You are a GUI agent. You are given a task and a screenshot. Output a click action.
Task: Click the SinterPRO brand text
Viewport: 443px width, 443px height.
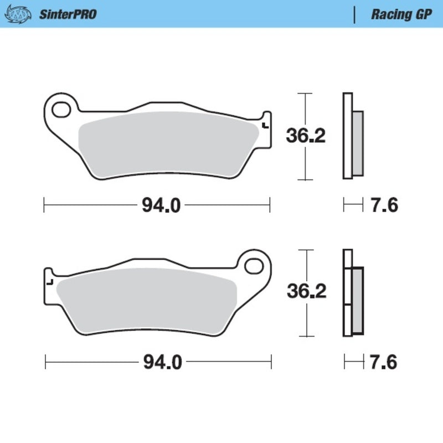(x=68, y=14)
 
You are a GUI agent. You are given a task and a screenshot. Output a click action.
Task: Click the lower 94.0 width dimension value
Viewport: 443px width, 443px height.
(x=161, y=363)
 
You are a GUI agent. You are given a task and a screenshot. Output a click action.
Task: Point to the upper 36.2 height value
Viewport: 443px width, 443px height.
(x=305, y=136)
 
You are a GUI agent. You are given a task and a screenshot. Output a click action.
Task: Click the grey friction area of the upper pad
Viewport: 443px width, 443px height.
(x=166, y=144)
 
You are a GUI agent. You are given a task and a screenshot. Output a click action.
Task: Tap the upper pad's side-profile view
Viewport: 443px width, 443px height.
(x=352, y=136)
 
